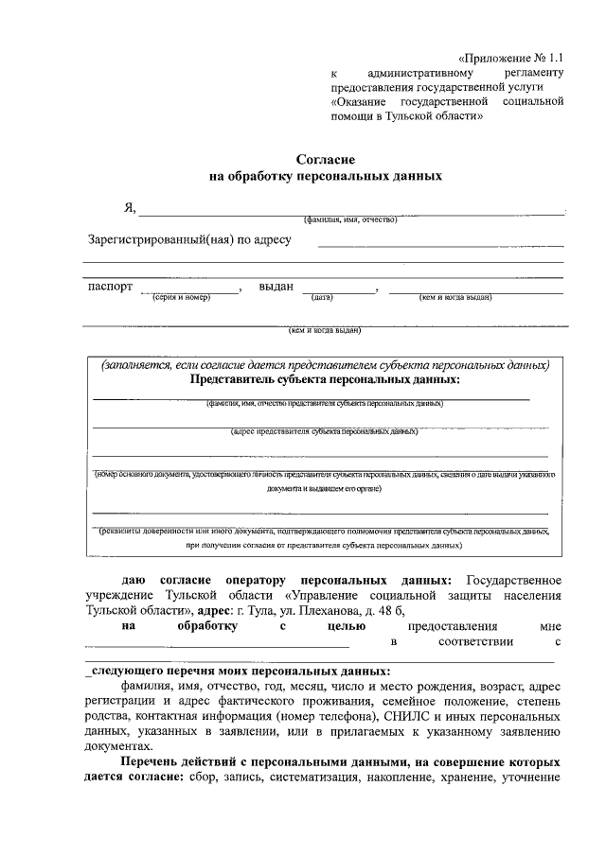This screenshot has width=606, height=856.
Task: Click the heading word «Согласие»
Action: [325, 161]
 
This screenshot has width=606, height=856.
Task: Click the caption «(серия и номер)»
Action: [180, 298]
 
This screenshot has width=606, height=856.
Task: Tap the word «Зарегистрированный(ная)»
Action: [154, 239]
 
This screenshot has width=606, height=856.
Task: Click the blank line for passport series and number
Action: [189, 291]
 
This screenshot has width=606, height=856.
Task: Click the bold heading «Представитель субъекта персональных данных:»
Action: [326, 379]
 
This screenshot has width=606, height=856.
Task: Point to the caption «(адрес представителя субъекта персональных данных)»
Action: [325, 431]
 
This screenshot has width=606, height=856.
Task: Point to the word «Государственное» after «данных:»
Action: [515, 579]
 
